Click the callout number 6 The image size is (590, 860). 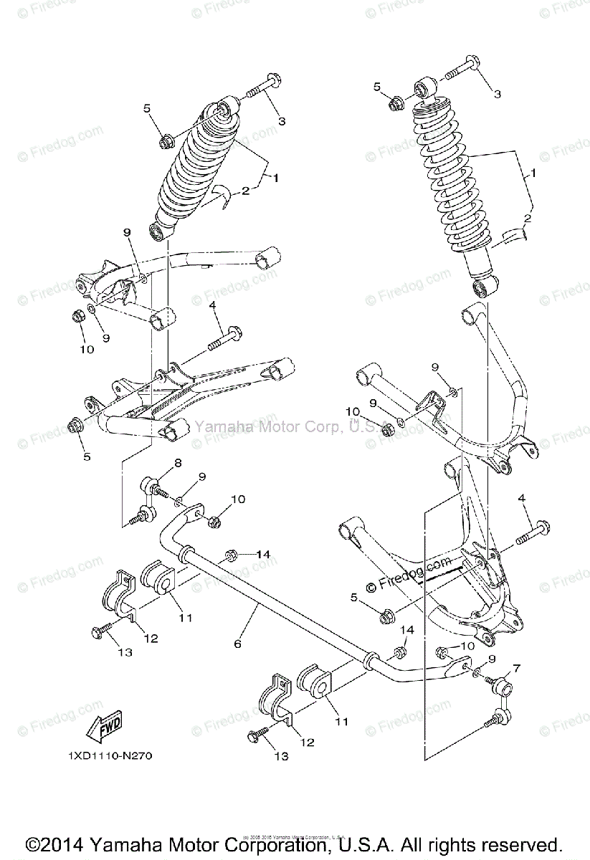tap(237, 644)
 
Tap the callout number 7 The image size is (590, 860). tap(516, 668)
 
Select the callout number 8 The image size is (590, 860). tap(177, 463)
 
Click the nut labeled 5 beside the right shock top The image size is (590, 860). tap(395, 103)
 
